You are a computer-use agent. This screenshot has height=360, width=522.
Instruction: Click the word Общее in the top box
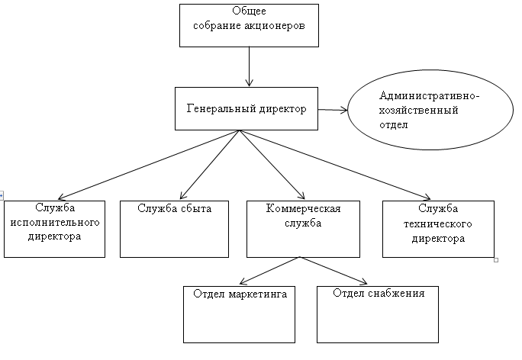pos(249,11)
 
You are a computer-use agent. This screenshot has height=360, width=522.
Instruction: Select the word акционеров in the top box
pos(275,26)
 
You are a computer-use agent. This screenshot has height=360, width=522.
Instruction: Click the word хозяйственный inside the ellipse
pos(418,110)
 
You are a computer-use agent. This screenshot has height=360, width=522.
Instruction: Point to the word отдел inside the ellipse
pos(393,125)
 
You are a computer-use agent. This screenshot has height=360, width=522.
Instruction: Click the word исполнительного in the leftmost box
pos(55,222)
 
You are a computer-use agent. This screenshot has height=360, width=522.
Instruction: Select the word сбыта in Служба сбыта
pos(196,209)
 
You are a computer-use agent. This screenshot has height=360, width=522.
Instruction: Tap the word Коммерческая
pos(303,209)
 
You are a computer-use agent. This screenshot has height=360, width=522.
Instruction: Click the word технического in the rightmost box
pos(438,223)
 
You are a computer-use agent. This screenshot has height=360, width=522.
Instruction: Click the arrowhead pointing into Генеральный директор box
pos(249,83)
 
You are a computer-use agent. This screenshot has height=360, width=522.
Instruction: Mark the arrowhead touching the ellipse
pos(344,110)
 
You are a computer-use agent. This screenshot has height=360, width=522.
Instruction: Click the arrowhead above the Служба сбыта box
pos(182,195)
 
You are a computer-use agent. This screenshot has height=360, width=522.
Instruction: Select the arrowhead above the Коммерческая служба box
pos(301,195)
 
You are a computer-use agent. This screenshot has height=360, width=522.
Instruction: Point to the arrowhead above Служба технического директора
pos(427,198)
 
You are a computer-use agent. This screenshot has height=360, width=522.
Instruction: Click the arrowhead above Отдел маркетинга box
pos(243,281)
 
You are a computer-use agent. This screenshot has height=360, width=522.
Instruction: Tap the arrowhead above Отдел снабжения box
pos(363,282)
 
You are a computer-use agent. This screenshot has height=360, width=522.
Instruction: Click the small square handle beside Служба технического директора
pos(496,260)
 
